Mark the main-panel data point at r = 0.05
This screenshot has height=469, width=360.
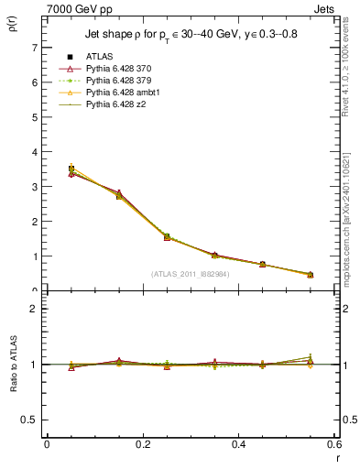click(x=71, y=169)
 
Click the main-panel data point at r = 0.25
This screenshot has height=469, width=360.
click(x=167, y=236)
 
